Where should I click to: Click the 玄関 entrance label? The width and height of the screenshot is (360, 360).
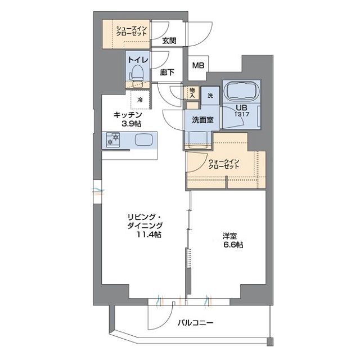[x=169, y=40]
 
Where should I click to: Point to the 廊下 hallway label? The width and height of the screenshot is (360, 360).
[x=167, y=72]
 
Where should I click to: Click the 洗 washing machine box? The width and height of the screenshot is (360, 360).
[x=210, y=96]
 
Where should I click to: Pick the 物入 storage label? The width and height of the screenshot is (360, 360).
[x=192, y=93]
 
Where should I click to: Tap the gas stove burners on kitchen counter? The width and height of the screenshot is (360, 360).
[x=112, y=140]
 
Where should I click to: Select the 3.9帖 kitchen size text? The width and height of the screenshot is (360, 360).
[x=128, y=123]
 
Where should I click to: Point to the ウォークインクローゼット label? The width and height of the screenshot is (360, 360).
[x=224, y=164]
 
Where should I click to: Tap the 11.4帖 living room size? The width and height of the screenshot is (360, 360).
[x=150, y=234]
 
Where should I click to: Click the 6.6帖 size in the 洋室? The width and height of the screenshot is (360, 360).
[x=232, y=245]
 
